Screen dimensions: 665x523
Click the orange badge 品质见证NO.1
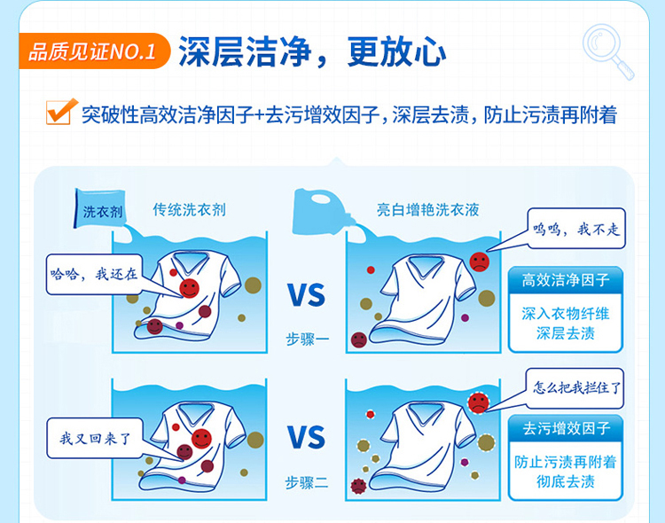(x=94, y=51)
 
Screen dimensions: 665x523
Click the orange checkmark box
(x=59, y=112)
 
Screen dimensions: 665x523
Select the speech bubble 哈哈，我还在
(x=94, y=274)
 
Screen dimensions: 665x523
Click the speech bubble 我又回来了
(x=95, y=438)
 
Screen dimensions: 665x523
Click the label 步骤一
(x=307, y=339)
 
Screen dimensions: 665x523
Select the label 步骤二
(x=307, y=482)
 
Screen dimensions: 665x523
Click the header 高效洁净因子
(x=566, y=280)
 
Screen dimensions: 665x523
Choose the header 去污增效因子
(x=566, y=428)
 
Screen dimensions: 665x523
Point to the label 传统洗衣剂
(x=189, y=209)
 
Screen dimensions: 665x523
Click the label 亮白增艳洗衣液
(x=428, y=209)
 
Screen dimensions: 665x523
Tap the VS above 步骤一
(x=306, y=295)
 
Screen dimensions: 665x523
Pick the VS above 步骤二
(x=306, y=437)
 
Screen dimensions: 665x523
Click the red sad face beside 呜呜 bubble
(x=479, y=261)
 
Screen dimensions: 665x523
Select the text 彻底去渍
(x=566, y=481)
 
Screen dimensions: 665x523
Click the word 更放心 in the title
(x=396, y=51)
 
